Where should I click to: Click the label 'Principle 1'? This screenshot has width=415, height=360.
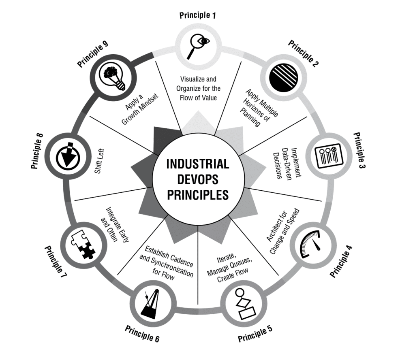pos(198,16)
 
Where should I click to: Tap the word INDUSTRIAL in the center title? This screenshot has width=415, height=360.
pos(198,164)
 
